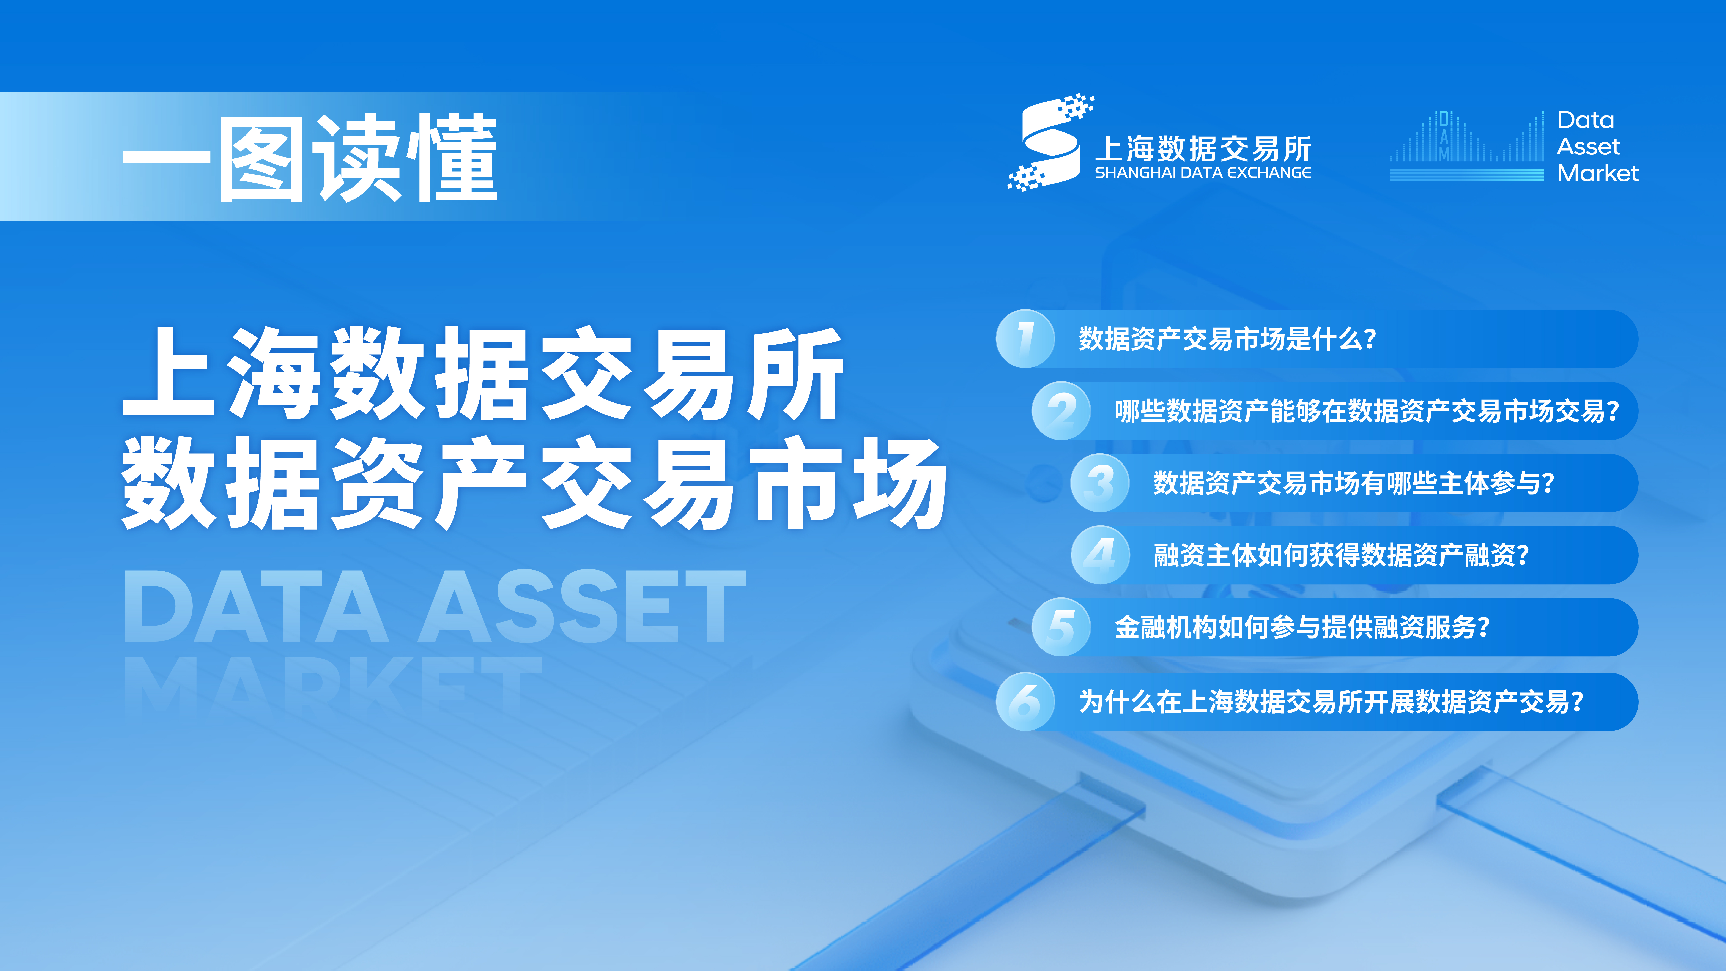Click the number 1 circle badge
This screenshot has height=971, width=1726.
[1025, 338]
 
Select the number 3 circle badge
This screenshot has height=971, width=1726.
[1099, 482]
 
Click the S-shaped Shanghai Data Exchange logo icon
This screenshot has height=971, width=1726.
[1050, 143]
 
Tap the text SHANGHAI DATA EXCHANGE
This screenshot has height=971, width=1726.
[1203, 173]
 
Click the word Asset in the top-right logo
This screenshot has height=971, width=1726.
[1588, 146]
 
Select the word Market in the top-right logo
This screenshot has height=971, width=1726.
[1598, 173]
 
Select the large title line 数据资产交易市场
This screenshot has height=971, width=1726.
[534, 482]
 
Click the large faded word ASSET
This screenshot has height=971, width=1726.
[582, 607]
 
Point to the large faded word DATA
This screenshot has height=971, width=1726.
[256, 607]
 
